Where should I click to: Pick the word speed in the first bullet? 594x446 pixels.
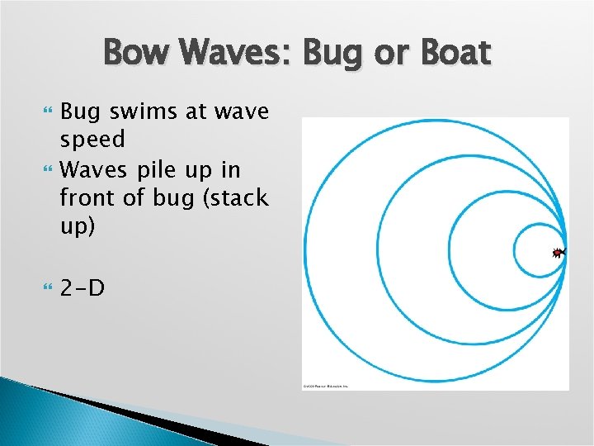(x=92, y=139)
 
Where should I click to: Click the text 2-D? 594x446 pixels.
(x=82, y=288)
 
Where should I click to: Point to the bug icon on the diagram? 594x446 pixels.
(x=559, y=253)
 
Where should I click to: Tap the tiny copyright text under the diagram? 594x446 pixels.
(x=325, y=386)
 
